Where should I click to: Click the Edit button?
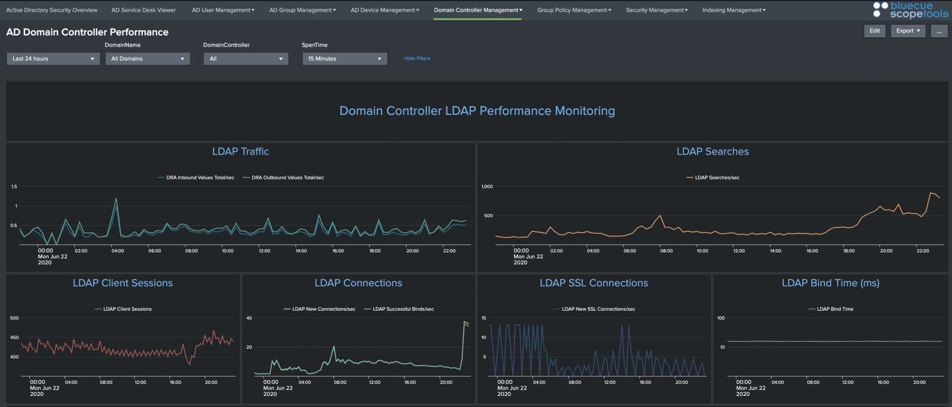click(875, 31)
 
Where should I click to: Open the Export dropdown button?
click(908, 31)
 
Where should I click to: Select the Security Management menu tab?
click(657, 10)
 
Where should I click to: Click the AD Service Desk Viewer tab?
click(143, 10)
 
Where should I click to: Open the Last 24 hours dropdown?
click(53, 59)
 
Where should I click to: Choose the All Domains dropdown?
click(148, 59)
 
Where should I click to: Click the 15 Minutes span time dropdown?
click(344, 59)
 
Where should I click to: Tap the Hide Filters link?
click(417, 59)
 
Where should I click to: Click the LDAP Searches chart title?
click(712, 151)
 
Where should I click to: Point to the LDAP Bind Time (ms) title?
click(830, 283)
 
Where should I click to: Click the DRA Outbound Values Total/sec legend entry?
click(283, 178)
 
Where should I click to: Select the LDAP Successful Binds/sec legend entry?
click(399, 309)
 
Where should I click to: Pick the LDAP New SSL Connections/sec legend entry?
click(594, 309)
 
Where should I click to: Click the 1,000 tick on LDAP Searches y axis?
click(487, 186)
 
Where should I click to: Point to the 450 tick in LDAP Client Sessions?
click(14, 337)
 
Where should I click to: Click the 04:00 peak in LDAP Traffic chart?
click(116, 199)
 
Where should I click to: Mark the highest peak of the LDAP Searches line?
click(931, 193)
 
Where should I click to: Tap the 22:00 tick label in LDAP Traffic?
click(449, 251)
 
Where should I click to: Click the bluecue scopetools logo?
click(911, 10)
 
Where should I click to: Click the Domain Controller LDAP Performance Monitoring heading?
click(477, 111)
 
